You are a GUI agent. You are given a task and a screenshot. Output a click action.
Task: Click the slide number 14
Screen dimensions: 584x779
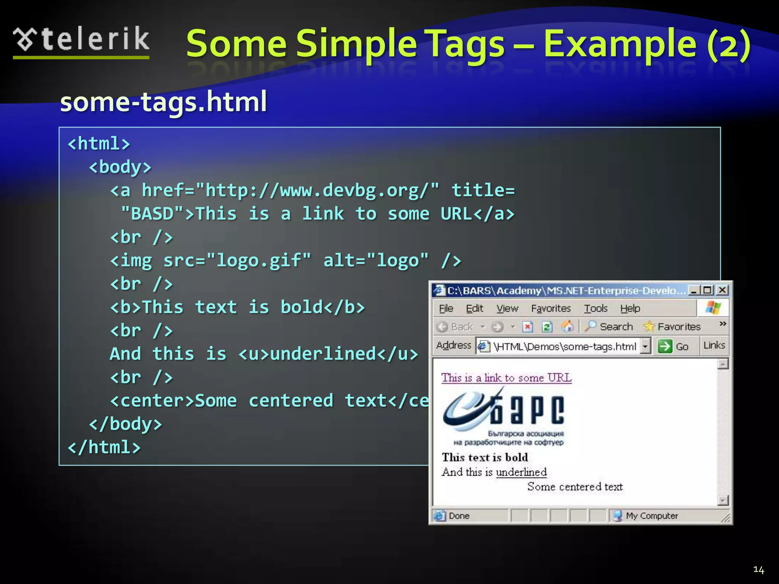(758, 570)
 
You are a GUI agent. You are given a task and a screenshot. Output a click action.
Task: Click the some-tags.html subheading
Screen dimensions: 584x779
(164, 102)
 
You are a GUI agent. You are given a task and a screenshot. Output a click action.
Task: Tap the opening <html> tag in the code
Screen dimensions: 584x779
(99, 144)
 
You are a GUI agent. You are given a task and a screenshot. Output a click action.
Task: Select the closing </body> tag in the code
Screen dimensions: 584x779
(126, 424)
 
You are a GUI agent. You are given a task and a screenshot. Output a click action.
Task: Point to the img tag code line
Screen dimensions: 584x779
(285, 261)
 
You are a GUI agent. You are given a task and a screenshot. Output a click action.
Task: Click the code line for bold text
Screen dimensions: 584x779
(237, 307)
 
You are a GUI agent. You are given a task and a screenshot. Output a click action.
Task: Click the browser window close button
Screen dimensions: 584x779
(722, 290)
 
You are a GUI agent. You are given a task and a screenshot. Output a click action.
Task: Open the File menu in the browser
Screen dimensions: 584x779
(446, 308)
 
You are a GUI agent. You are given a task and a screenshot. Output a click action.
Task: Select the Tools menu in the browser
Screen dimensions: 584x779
(596, 308)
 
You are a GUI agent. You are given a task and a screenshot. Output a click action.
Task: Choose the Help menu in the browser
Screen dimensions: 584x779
(630, 308)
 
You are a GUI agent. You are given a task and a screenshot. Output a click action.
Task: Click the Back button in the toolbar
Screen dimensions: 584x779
(455, 327)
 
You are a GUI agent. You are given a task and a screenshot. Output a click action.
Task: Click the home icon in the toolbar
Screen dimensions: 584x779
(567, 327)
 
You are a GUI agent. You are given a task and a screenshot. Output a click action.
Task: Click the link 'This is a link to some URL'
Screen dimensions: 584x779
(506, 378)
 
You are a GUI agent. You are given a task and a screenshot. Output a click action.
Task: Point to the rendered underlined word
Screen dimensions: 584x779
(521, 472)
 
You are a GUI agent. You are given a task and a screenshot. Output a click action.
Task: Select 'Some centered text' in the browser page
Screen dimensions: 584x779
(575, 487)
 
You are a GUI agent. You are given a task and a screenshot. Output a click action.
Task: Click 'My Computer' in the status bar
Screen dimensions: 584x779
(651, 516)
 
